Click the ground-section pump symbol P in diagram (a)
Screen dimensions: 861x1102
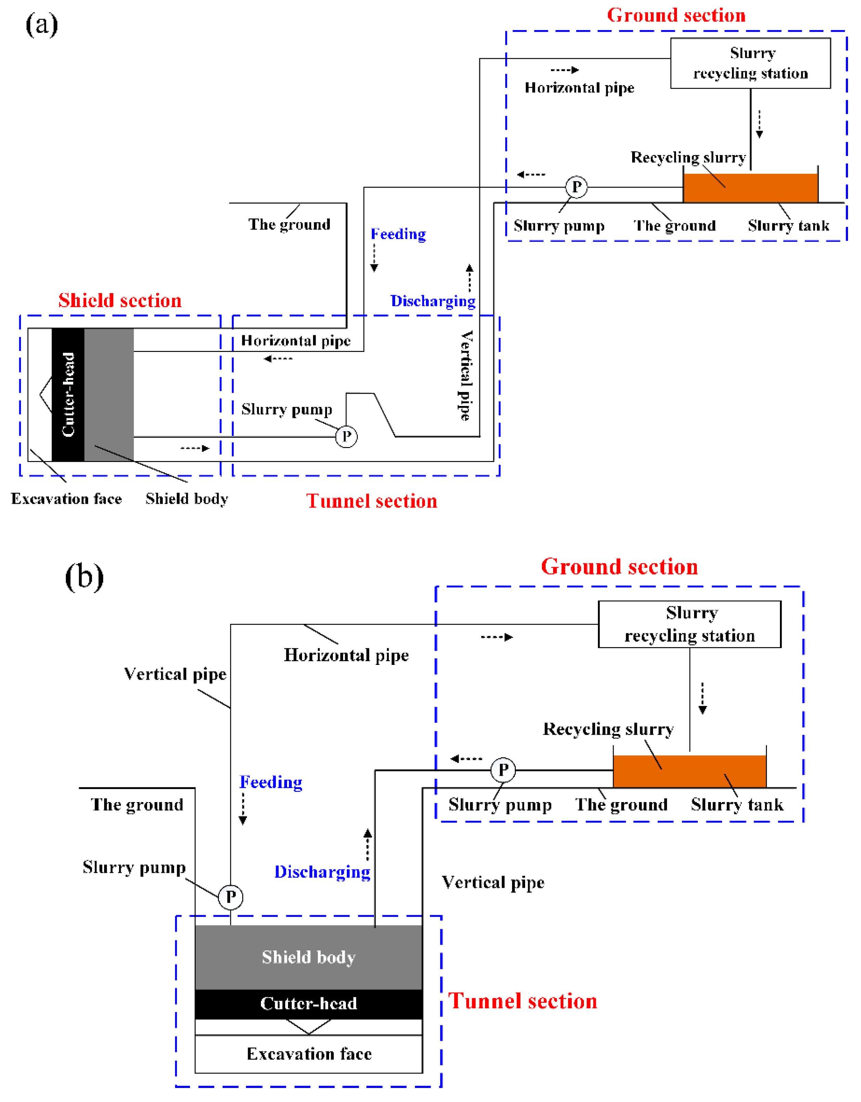pyautogui.click(x=576, y=187)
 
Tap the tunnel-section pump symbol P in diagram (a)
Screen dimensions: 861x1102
pyautogui.click(x=346, y=436)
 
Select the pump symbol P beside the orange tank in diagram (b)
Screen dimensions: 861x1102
pyautogui.click(x=503, y=770)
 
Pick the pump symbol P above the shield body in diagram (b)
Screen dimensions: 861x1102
pyautogui.click(x=231, y=897)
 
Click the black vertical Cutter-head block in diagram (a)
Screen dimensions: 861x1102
pyautogui.click(x=68, y=395)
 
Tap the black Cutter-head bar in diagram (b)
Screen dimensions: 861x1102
pyautogui.click(x=308, y=1003)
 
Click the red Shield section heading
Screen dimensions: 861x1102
pyautogui.click(x=120, y=300)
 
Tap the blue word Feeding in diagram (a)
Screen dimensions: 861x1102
pyautogui.click(x=398, y=234)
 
